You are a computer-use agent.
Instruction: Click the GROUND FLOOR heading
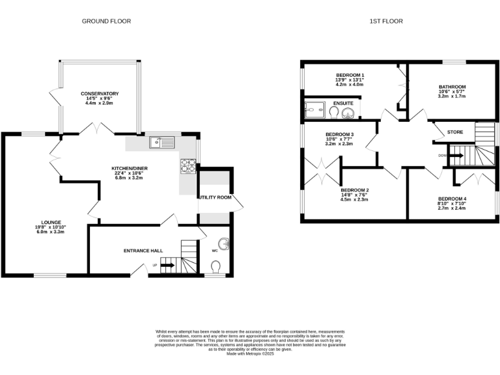tap(106, 21)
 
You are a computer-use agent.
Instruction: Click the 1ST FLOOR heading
tap(386, 21)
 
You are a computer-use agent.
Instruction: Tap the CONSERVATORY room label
tap(100, 94)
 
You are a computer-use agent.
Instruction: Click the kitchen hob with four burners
tap(187, 167)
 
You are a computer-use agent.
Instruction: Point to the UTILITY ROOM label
tap(215, 197)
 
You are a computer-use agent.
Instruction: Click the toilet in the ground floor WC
tap(216, 266)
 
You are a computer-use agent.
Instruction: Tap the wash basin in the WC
tap(225, 245)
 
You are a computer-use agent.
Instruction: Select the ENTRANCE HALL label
tap(143, 250)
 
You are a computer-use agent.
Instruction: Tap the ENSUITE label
tap(343, 103)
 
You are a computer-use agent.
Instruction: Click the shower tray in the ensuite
tap(316, 112)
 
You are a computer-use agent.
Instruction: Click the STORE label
tap(455, 132)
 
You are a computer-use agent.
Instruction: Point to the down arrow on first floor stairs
tap(456, 156)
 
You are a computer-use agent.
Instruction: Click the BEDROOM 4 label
tap(451, 199)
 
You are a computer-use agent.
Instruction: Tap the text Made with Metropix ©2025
tap(250, 354)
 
